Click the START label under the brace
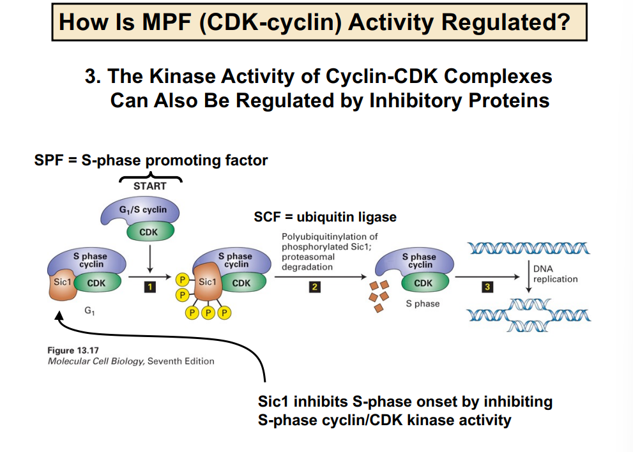coord(149,186)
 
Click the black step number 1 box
coord(149,287)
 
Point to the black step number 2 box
coord(314,287)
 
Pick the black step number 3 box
coord(488,287)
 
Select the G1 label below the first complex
coord(89,311)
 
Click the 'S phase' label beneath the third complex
coord(422,304)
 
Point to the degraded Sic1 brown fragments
coord(378,296)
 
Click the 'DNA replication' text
coord(555,274)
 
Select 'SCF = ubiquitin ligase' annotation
coord(325,217)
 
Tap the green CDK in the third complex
coord(423,283)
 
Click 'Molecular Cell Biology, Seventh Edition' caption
coord(131,361)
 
